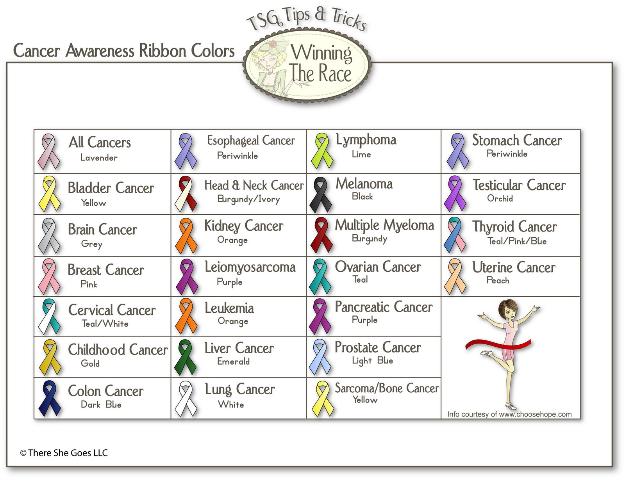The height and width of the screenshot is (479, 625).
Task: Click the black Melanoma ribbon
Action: [320, 194]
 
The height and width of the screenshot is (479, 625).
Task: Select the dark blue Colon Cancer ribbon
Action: [49, 398]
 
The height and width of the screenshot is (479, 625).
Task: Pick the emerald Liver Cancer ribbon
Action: [185, 357]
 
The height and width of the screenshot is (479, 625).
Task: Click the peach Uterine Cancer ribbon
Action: [455, 276]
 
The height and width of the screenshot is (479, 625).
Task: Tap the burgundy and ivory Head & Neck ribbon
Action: [186, 194]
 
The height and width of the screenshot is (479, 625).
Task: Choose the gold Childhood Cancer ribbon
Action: [49, 357]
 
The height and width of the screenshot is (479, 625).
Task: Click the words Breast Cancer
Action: [105, 270]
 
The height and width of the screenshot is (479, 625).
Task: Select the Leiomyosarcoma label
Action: [250, 267]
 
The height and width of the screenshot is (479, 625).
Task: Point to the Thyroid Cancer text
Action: [514, 227]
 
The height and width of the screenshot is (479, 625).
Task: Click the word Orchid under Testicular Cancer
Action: [500, 199]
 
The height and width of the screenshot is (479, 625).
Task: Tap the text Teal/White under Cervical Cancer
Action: [105, 324]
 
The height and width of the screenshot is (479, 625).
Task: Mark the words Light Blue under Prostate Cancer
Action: [372, 361]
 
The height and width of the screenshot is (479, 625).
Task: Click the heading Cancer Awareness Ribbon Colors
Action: [124, 51]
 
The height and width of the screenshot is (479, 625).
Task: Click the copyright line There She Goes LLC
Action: [64, 453]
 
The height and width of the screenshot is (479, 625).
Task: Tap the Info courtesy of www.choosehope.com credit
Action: [509, 414]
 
